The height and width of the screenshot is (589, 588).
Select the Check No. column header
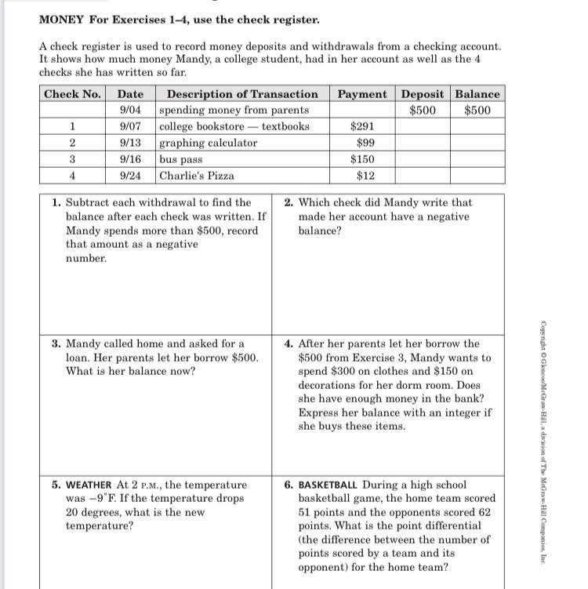click(72, 94)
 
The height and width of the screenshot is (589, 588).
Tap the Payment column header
click(361, 94)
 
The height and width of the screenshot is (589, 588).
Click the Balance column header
click(477, 94)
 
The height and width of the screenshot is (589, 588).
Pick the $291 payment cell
click(363, 126)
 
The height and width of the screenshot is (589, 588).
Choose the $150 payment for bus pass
click(363, 159)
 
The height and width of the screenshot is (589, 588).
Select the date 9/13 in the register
click(130, 143)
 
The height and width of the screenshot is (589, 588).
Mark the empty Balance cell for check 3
click(477, 159)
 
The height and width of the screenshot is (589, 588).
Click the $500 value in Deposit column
click(423, 110)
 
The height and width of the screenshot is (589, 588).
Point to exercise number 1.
click(56, 202)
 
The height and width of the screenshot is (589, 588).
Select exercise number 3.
click(56, 344)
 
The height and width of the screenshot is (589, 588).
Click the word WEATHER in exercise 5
click(89, 485)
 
